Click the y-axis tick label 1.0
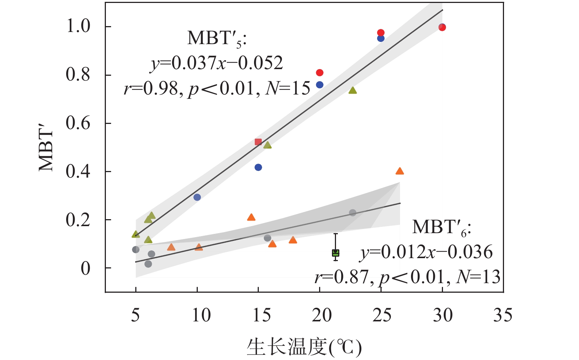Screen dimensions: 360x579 point(78,26)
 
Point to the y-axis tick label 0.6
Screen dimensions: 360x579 point(78,123)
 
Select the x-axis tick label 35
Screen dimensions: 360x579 point(503,315)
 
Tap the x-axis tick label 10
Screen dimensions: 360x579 point(201,315)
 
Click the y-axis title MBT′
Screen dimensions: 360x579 point(46,151)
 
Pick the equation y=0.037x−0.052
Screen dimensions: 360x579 point(217,63)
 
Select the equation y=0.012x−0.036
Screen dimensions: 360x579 point(426,252)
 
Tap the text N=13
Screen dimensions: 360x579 point(478,277)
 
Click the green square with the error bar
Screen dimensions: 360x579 point(336,253)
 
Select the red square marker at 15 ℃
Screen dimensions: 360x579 point(258,142)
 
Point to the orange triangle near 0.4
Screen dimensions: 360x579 point(400,171)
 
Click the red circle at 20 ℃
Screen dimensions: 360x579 point(319,73)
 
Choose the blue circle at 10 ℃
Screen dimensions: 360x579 point(197,197)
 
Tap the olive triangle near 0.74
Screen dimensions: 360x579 point(353,90)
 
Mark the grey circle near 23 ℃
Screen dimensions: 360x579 point(353,213)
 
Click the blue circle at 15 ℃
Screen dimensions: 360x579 point(258,167)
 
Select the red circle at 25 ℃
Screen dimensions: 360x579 point(381,33)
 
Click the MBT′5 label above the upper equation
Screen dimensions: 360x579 point(217,38)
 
